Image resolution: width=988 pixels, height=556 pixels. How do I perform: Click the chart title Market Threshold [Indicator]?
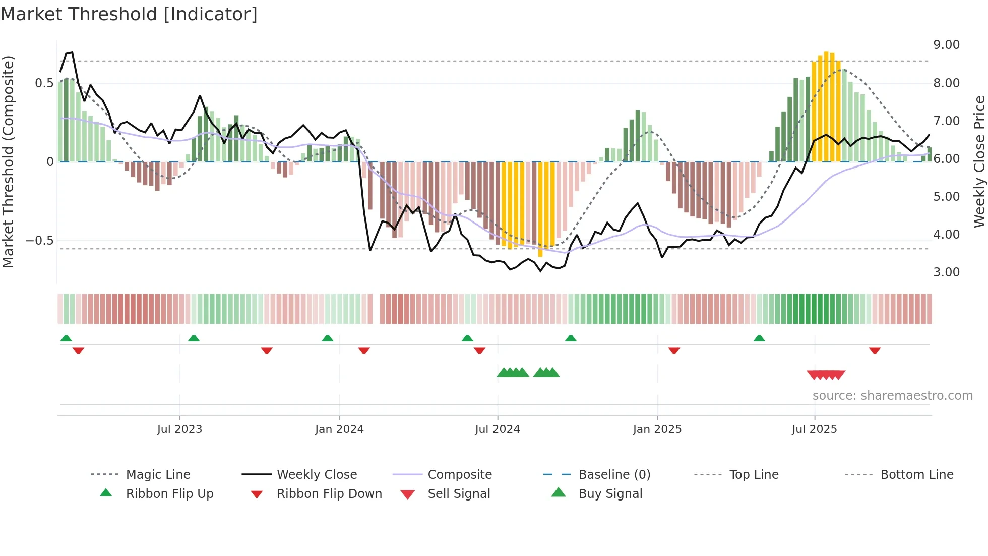(129, 14)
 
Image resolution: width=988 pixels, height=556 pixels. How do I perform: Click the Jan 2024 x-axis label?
(339, 429)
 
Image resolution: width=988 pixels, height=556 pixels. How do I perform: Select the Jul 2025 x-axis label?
(814, 429)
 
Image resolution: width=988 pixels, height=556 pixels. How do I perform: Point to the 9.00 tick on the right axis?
(946, 45)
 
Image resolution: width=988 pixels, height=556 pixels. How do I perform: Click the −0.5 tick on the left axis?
(40, 241)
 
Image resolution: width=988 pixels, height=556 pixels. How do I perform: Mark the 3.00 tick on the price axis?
(946, 272)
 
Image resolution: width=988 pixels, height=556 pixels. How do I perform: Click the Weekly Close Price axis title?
(979, 161)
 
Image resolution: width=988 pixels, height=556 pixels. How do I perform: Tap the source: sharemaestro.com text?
(892, 396)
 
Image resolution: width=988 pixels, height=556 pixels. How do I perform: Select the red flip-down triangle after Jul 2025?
(875, 350)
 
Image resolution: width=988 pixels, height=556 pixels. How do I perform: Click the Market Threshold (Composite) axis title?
(8, 161)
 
